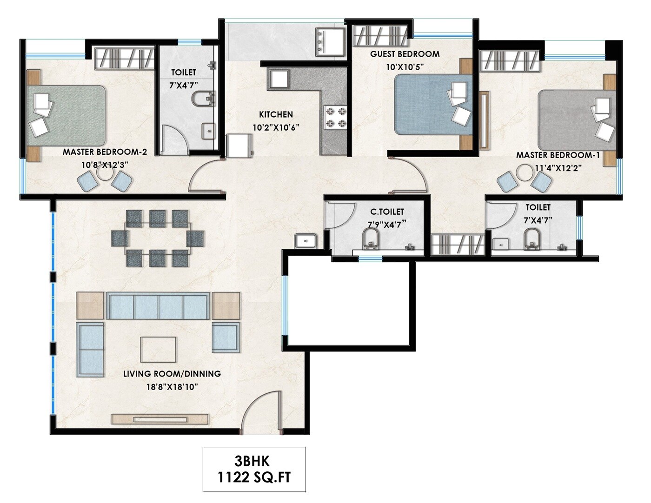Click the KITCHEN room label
(x=276, y=114)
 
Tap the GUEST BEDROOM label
(x=405, y=54)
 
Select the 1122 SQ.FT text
(x=254, y=477)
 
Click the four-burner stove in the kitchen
(x=335, y=117)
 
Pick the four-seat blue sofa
(x=158, y=306)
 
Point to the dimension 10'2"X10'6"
(x=275, y=127)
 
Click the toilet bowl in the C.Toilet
(x=371, y=239)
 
